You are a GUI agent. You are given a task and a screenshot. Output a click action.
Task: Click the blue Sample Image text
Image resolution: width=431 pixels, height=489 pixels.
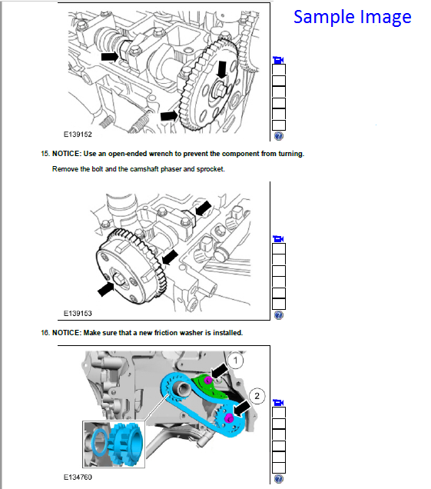coord(352,17)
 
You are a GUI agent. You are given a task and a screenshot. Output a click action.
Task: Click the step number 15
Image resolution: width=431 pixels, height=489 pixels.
coord(45,154)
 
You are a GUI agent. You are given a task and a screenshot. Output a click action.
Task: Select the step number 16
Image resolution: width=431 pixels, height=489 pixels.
coord(45,333)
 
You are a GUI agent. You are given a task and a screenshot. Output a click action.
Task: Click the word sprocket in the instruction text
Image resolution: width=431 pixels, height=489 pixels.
coord(209,169)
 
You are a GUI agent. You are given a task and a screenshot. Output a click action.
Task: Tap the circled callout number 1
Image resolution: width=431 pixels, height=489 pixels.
coord(238,359)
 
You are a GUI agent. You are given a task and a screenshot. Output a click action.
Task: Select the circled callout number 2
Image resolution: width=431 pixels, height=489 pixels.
coord(258,396)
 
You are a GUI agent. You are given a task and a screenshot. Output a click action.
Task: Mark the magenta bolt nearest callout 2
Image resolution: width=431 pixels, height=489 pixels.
coord(230,417)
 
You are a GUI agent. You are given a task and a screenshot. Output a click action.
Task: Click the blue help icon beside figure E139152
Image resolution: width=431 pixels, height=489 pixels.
coord(278,136)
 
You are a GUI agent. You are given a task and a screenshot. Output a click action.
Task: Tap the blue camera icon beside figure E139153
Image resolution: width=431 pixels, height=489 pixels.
coord(278,239)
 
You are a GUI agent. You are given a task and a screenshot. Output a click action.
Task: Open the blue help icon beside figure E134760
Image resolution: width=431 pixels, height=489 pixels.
coord(278,478)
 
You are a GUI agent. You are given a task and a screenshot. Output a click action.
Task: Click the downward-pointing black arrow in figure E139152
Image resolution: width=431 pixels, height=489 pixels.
coord(223,70)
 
